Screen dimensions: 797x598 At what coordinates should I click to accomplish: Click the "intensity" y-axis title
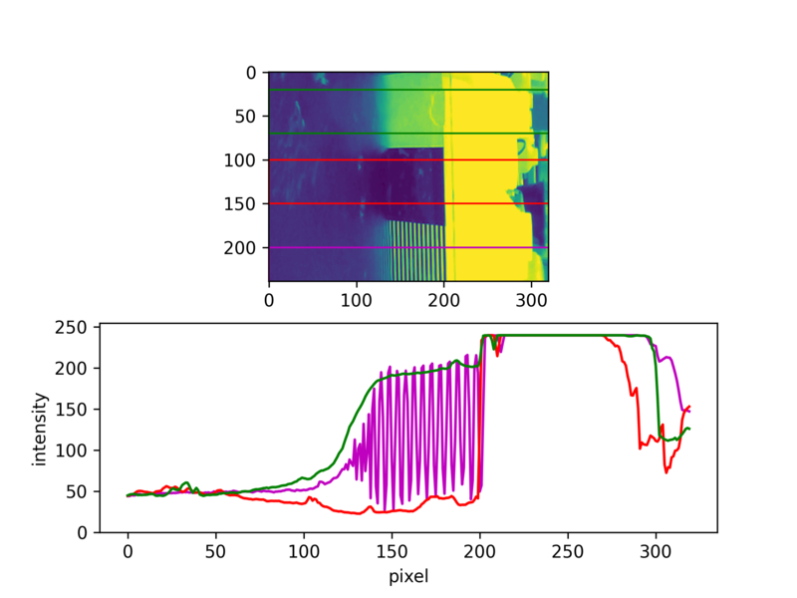pos(39,429)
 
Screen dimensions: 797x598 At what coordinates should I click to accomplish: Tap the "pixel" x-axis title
pos(408,577)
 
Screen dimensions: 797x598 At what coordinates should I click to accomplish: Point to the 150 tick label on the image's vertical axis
pos(239,204)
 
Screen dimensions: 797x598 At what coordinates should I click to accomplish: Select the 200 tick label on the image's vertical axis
pos(239,247)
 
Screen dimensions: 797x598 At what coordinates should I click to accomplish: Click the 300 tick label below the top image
pos(531,300)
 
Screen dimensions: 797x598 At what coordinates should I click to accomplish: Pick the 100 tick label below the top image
pos(356,300)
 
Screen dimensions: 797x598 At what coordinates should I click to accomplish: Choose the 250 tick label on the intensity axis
pos(71,327)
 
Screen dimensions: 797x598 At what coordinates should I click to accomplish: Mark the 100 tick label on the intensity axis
pos(71,450)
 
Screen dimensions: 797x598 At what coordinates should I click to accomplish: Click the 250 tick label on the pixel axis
pos(567,552)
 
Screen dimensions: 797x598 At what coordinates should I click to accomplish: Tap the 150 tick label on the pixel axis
pos(392,552)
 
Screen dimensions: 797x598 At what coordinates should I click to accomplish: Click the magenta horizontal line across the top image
pos(408,247)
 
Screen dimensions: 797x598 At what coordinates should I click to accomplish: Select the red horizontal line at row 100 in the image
pos(408,160)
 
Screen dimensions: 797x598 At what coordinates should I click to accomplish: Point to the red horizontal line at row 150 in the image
pos(408,203)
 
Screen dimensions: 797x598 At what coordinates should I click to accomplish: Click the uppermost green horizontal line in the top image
pos(408,90)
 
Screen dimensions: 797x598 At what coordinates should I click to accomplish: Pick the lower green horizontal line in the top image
pos(408,134)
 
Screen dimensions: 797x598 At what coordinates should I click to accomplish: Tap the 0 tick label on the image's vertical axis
pos(251,73)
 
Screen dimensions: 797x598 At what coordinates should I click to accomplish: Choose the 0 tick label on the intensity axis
pos(82,532)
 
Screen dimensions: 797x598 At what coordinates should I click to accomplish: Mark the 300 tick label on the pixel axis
pos(656,552)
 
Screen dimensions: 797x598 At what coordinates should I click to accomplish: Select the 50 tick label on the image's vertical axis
pos(245,117)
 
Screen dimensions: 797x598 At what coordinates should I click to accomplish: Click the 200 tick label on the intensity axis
pos(71,368)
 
